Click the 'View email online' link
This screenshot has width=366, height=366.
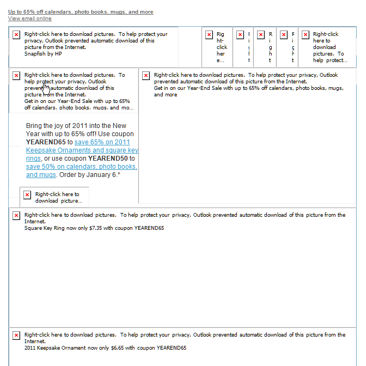[x=29, y=19]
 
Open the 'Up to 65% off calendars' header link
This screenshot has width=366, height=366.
[x=80, y=11]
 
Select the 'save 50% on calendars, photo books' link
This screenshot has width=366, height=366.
[x=81, y=167]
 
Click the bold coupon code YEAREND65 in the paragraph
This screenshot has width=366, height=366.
[x=45, y=142]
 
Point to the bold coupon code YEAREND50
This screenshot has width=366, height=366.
[x=108, y=158]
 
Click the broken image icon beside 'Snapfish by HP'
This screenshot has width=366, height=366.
[x=16, y=35]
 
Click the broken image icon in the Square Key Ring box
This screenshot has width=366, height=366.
[x=16, y=216]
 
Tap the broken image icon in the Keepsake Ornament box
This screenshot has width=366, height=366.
[x=16, y=335]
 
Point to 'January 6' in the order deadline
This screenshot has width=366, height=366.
[x=102, y=175]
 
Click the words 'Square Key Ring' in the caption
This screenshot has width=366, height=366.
[x=43, y=228]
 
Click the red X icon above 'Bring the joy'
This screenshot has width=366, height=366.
[x=16, y=76]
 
